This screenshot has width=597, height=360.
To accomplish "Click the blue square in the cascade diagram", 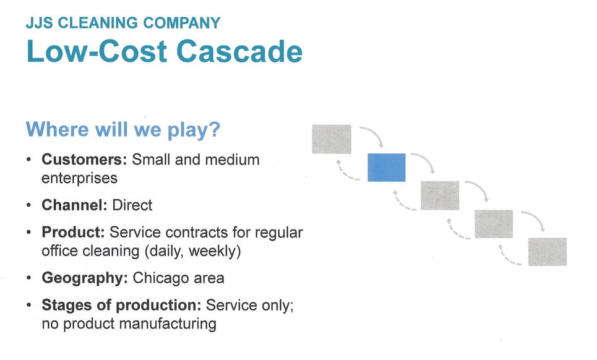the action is (x=387, y=168).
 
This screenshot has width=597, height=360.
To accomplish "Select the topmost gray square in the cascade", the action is (x=332, y=139).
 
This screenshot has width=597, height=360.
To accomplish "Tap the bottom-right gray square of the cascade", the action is (x=547, y=252).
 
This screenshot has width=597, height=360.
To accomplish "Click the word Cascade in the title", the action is (x=239, y=51).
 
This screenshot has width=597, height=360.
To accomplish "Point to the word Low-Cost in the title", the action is (x=97, y=51).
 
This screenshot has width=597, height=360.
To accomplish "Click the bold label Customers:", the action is (x=84, y=160).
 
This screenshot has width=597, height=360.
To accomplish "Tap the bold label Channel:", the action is (x=75, y=205).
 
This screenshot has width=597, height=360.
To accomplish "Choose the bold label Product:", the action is (x=73, y=232).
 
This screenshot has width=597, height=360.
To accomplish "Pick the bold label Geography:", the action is (x=85, y=278).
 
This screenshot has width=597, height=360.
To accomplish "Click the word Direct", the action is (x=132, y=205).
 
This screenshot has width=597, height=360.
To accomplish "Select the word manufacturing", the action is (x=168, y=324).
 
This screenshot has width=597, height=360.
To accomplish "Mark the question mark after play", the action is (x=215, y=129).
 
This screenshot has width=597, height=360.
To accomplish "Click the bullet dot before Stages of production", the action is (x=29, y=305).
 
